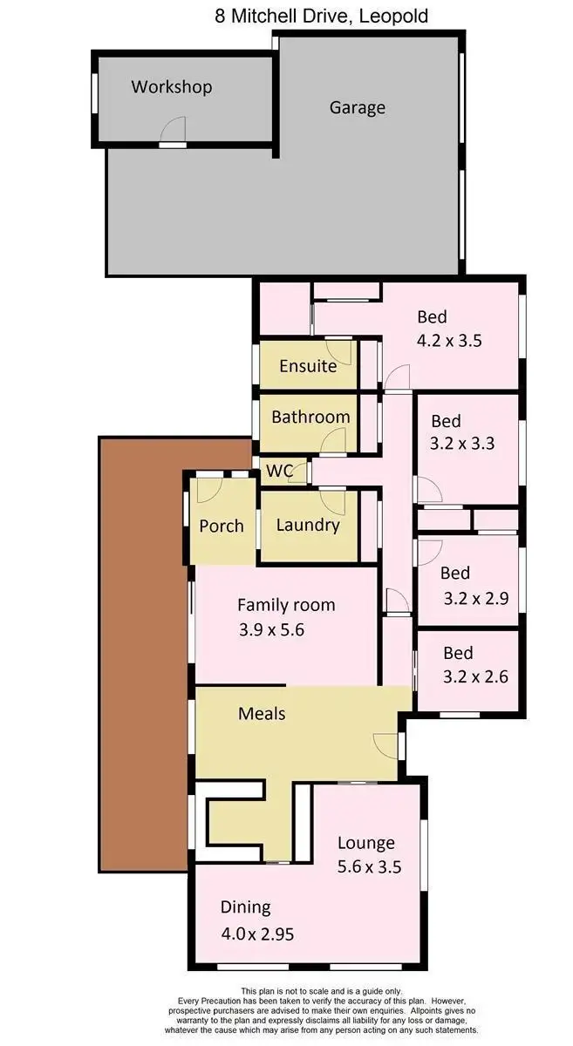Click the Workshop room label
[x=171, y=87]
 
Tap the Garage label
[x=357, y=108]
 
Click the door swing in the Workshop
[x=172, y=132]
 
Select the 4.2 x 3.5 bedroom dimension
[x=448, y=341]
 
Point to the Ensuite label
[x=307, y=366]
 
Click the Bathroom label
[x=310, y=417]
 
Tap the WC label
[x=279, y=472]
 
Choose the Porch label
[x=222, y=526]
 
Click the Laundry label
[x=307, y=525]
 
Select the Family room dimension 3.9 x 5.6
[x=270, y=630]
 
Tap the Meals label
[x=262, y=713]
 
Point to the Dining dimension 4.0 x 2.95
[x=257, y=934]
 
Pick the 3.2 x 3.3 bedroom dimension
[x=462, y=443]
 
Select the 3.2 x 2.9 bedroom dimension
[x=468, y=598]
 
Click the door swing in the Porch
[x=208, y=489]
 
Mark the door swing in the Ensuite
[x=341, y=351]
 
